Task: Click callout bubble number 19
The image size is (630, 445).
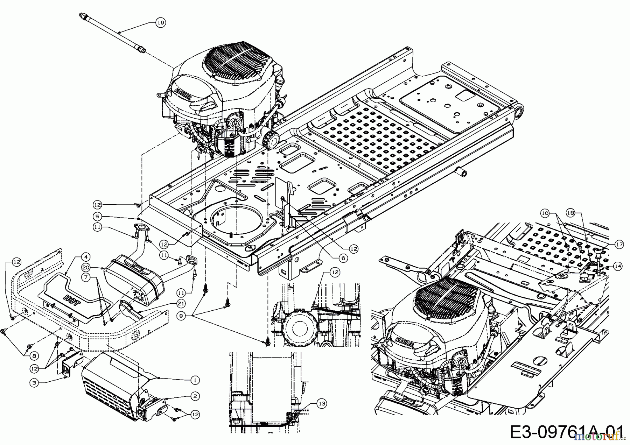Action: click(x=160, y=23)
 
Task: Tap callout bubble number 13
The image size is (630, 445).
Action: click(x=322, y=403)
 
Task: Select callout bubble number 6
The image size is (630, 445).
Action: click(x=343, y=258)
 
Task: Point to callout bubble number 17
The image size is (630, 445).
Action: click(x=619, y=245)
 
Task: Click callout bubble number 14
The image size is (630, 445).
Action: click(x=618, y=266)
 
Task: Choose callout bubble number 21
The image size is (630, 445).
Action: click(x=181, y=304)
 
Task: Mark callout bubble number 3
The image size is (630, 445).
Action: click(x=34, y=383)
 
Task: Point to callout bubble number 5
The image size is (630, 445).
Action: click(x=97, y=217)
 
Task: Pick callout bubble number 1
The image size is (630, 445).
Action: click(x=195, y=380)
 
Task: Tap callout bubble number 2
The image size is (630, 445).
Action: click(x=196, y=396)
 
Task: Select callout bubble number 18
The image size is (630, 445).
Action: click(x=570, y=213)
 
